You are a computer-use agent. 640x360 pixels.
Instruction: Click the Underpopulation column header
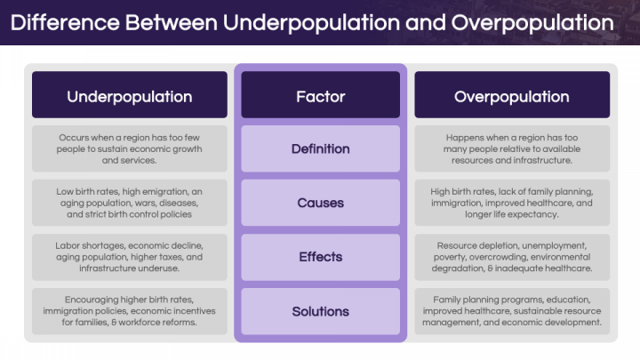[130, 95]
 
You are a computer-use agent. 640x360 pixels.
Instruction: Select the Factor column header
[320, 95]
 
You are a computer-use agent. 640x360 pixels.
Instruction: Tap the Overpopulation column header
[512, 95]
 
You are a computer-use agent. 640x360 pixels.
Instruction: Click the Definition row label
[320, 148]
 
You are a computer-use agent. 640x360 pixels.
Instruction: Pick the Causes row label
[320, 203]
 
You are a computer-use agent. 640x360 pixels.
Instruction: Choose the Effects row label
[320, 257]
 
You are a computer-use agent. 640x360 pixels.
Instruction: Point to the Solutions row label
[320, 311]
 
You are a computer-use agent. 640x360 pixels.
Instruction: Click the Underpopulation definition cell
[130, 148]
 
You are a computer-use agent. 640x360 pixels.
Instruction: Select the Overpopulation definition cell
[512, 148]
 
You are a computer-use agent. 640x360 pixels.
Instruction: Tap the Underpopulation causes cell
[130, 203]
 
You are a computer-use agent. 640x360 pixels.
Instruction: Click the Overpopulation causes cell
[512, 203]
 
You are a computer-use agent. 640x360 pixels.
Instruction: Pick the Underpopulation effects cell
[130, 257]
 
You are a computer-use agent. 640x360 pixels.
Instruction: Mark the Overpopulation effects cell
[512, 257]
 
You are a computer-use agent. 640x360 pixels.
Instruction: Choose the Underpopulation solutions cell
[130, 311]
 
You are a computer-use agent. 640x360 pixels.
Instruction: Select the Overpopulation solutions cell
[512, 311]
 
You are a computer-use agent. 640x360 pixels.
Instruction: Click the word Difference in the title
[65, 22]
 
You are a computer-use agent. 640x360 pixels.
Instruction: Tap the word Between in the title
[172, 22]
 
